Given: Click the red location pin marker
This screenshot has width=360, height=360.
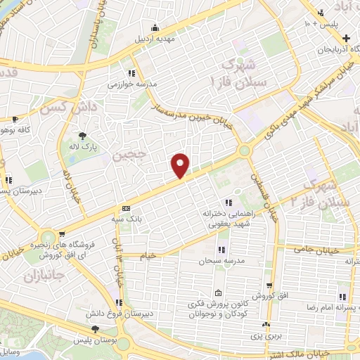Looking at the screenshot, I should (x=181, y=166).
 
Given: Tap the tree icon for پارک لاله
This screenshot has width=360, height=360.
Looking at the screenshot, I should (x=84, y=136).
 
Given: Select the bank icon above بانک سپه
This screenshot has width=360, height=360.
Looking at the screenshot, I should (x=126, y=208).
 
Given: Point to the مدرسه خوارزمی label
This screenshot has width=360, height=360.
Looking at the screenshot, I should (x=131, y=84).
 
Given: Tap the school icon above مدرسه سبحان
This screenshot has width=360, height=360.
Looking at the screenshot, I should (x=221, y=250).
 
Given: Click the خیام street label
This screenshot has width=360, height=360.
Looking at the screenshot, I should (x=148, y=257).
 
